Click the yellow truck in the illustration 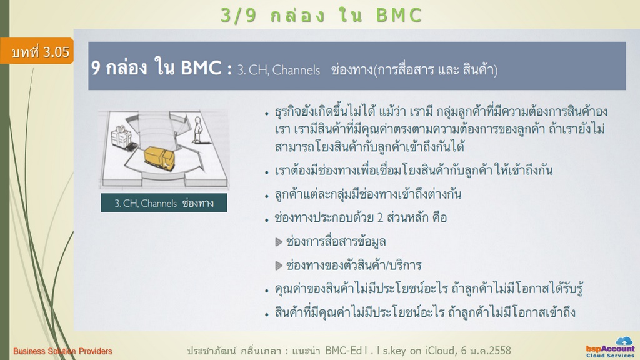tap(159, 159)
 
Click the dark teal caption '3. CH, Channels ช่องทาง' tap(164, 203)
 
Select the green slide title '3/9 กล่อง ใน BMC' tap(321, 16)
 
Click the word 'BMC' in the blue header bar tap(201, 67)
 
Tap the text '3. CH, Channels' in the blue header tap(279, 70)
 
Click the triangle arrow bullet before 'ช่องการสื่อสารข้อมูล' tap(279, 242)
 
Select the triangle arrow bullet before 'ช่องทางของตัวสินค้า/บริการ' tap(279, 266)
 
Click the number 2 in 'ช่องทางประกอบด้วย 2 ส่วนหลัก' tap(380, 218)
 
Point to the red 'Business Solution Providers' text tap(62, 351)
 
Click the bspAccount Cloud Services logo tap(611, 347)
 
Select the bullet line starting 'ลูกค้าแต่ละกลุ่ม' tap(367, 194)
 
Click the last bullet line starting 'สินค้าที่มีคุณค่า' tap(425, 312)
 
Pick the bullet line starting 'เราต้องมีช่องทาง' tap(414, 170)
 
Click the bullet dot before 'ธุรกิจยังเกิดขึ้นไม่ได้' tap(266, 114)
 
